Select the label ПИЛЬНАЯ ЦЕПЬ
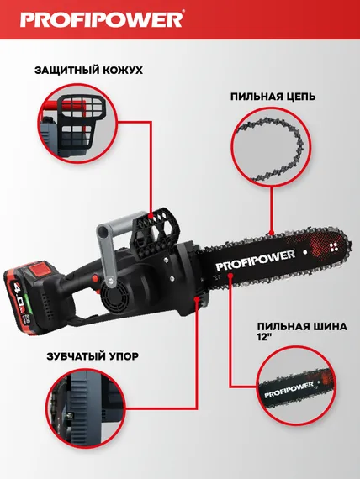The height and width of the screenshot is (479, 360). pyautogui.click(x=273, y=97)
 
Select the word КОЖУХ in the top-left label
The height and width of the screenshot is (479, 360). pyautogui.click(x=119, y=71)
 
